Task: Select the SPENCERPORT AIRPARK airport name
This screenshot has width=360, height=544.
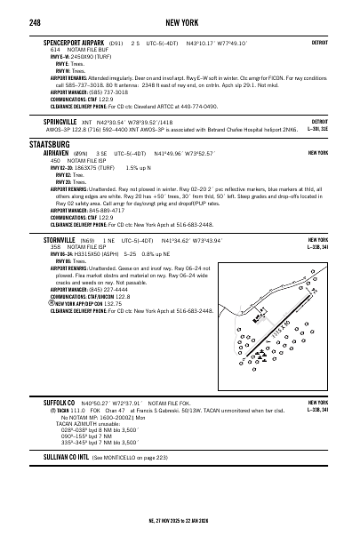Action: click(73, 42)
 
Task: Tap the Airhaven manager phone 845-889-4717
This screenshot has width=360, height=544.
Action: click(106, 210)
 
